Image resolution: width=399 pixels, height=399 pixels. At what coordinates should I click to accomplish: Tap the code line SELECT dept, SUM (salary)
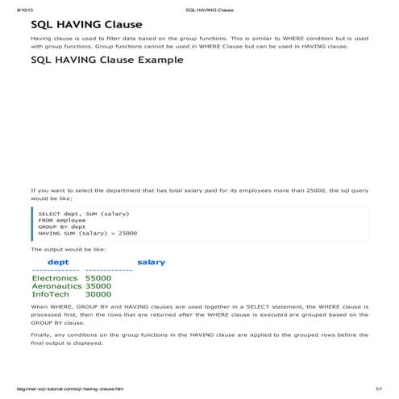tap(83, 213)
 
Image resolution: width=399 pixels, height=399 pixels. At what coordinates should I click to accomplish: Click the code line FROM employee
tap(61, 219)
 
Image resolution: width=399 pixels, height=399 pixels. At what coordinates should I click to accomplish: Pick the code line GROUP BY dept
tap(61, 227)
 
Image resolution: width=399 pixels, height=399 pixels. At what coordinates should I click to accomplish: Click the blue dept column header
tap(58, 262)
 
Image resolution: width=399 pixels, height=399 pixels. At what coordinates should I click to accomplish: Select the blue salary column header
tap(151, 262)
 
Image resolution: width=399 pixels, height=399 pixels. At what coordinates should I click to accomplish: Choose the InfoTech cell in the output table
tap(50, 294)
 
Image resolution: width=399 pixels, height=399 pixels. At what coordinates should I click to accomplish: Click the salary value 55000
tap(98, 278)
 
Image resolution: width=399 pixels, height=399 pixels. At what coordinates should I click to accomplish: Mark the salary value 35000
tap(98, 286)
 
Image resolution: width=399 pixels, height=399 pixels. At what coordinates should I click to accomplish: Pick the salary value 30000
tap(98, 294)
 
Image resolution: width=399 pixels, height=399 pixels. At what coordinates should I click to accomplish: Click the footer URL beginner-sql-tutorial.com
tap(64, 389)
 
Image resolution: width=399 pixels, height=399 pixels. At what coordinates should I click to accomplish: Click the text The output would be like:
tap(62, 250)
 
